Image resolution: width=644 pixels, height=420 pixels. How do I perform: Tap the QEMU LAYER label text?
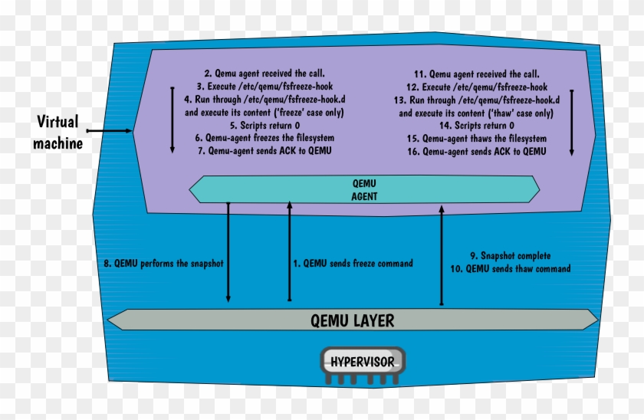point(352,320)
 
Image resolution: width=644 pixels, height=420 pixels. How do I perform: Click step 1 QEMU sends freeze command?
point(353,263)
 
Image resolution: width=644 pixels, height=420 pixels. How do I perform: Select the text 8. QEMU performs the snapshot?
point(163,263)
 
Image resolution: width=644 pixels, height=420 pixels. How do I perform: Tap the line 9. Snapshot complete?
point(510,256)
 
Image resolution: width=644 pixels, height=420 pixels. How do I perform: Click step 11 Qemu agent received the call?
point(476,74)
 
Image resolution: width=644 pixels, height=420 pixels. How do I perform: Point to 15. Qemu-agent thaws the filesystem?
point(476,138)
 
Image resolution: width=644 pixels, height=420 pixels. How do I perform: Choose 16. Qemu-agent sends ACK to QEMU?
point(476,151)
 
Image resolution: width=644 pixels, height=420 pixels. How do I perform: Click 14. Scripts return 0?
point(476,126)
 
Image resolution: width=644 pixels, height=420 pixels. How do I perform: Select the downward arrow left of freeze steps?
point(172,119)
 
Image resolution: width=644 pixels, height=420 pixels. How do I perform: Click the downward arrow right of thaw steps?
point(572,123)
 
